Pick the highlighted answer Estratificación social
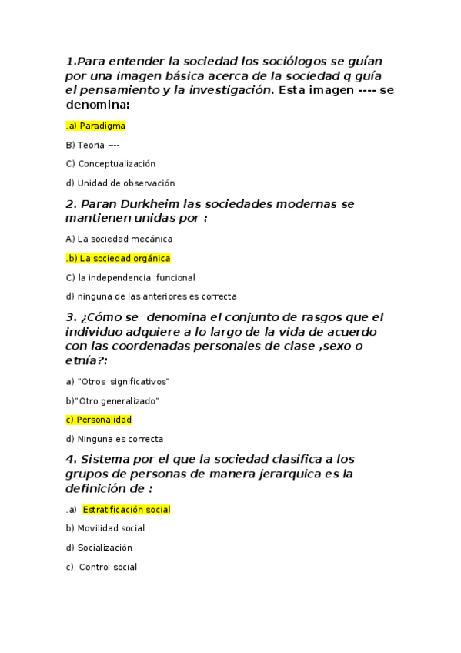point(126,510)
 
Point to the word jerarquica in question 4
point(286,474)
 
